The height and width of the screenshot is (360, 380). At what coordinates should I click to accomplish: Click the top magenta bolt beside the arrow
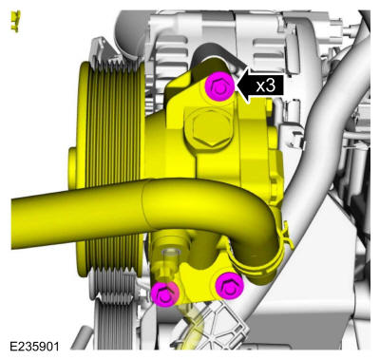(x=219, y=86)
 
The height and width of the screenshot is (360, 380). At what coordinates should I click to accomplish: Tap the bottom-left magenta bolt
(x=164, y=294)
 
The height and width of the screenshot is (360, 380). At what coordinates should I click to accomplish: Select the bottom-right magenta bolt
(x=229, y=285)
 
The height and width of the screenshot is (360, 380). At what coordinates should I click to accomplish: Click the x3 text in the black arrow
(x=265, y=85)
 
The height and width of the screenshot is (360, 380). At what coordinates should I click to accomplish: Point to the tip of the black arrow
(x=236, y=85)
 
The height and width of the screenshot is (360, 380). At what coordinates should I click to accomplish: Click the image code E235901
(x=34, y=346)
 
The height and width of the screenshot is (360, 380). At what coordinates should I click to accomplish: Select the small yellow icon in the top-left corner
(x=15, y=21)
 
